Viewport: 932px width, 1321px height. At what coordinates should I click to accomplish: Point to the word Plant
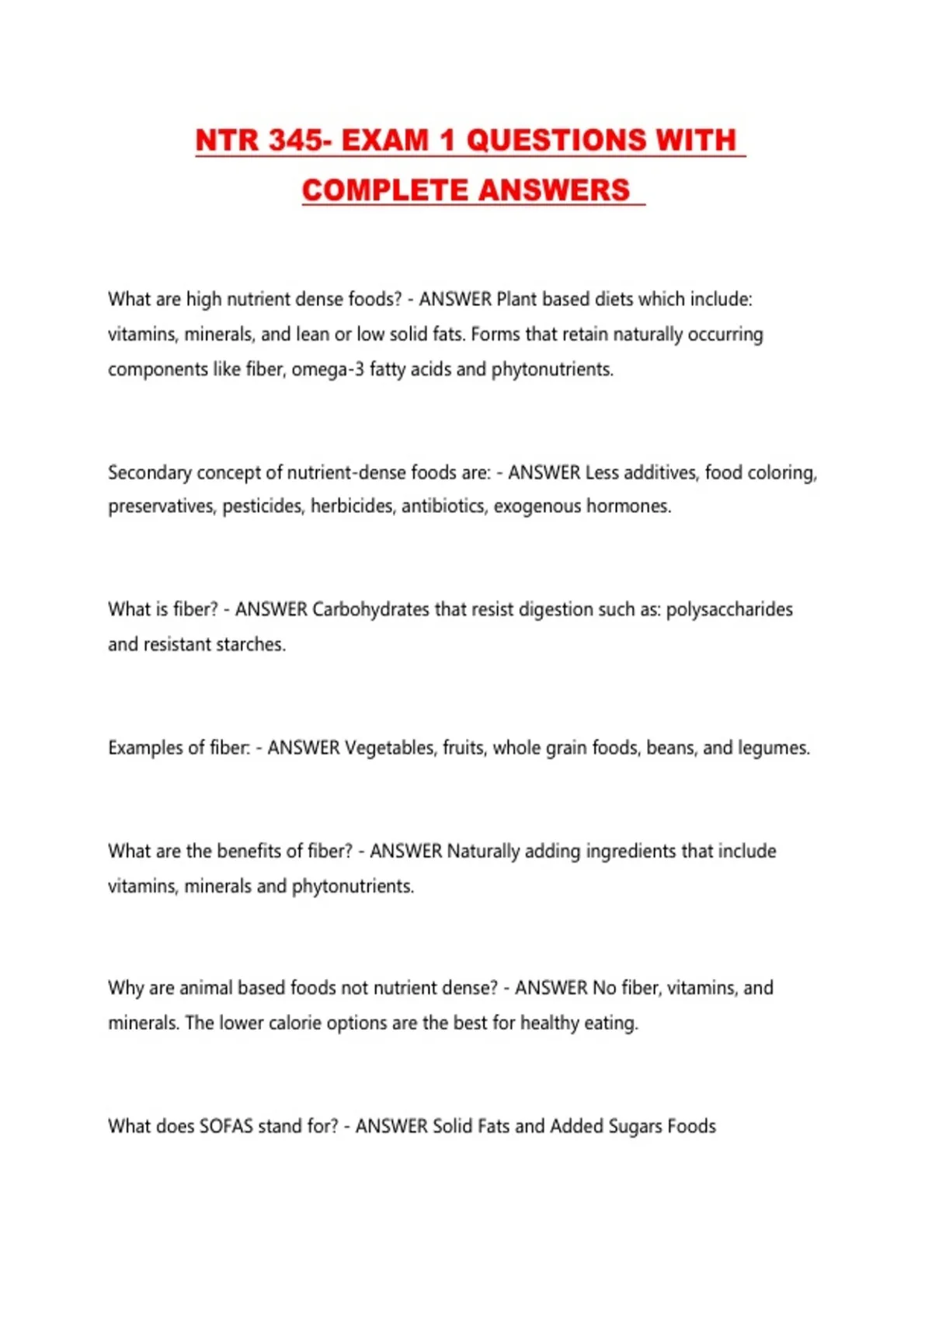pos(516,299)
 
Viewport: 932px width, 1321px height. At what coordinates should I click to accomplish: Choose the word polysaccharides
pos(729,609)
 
